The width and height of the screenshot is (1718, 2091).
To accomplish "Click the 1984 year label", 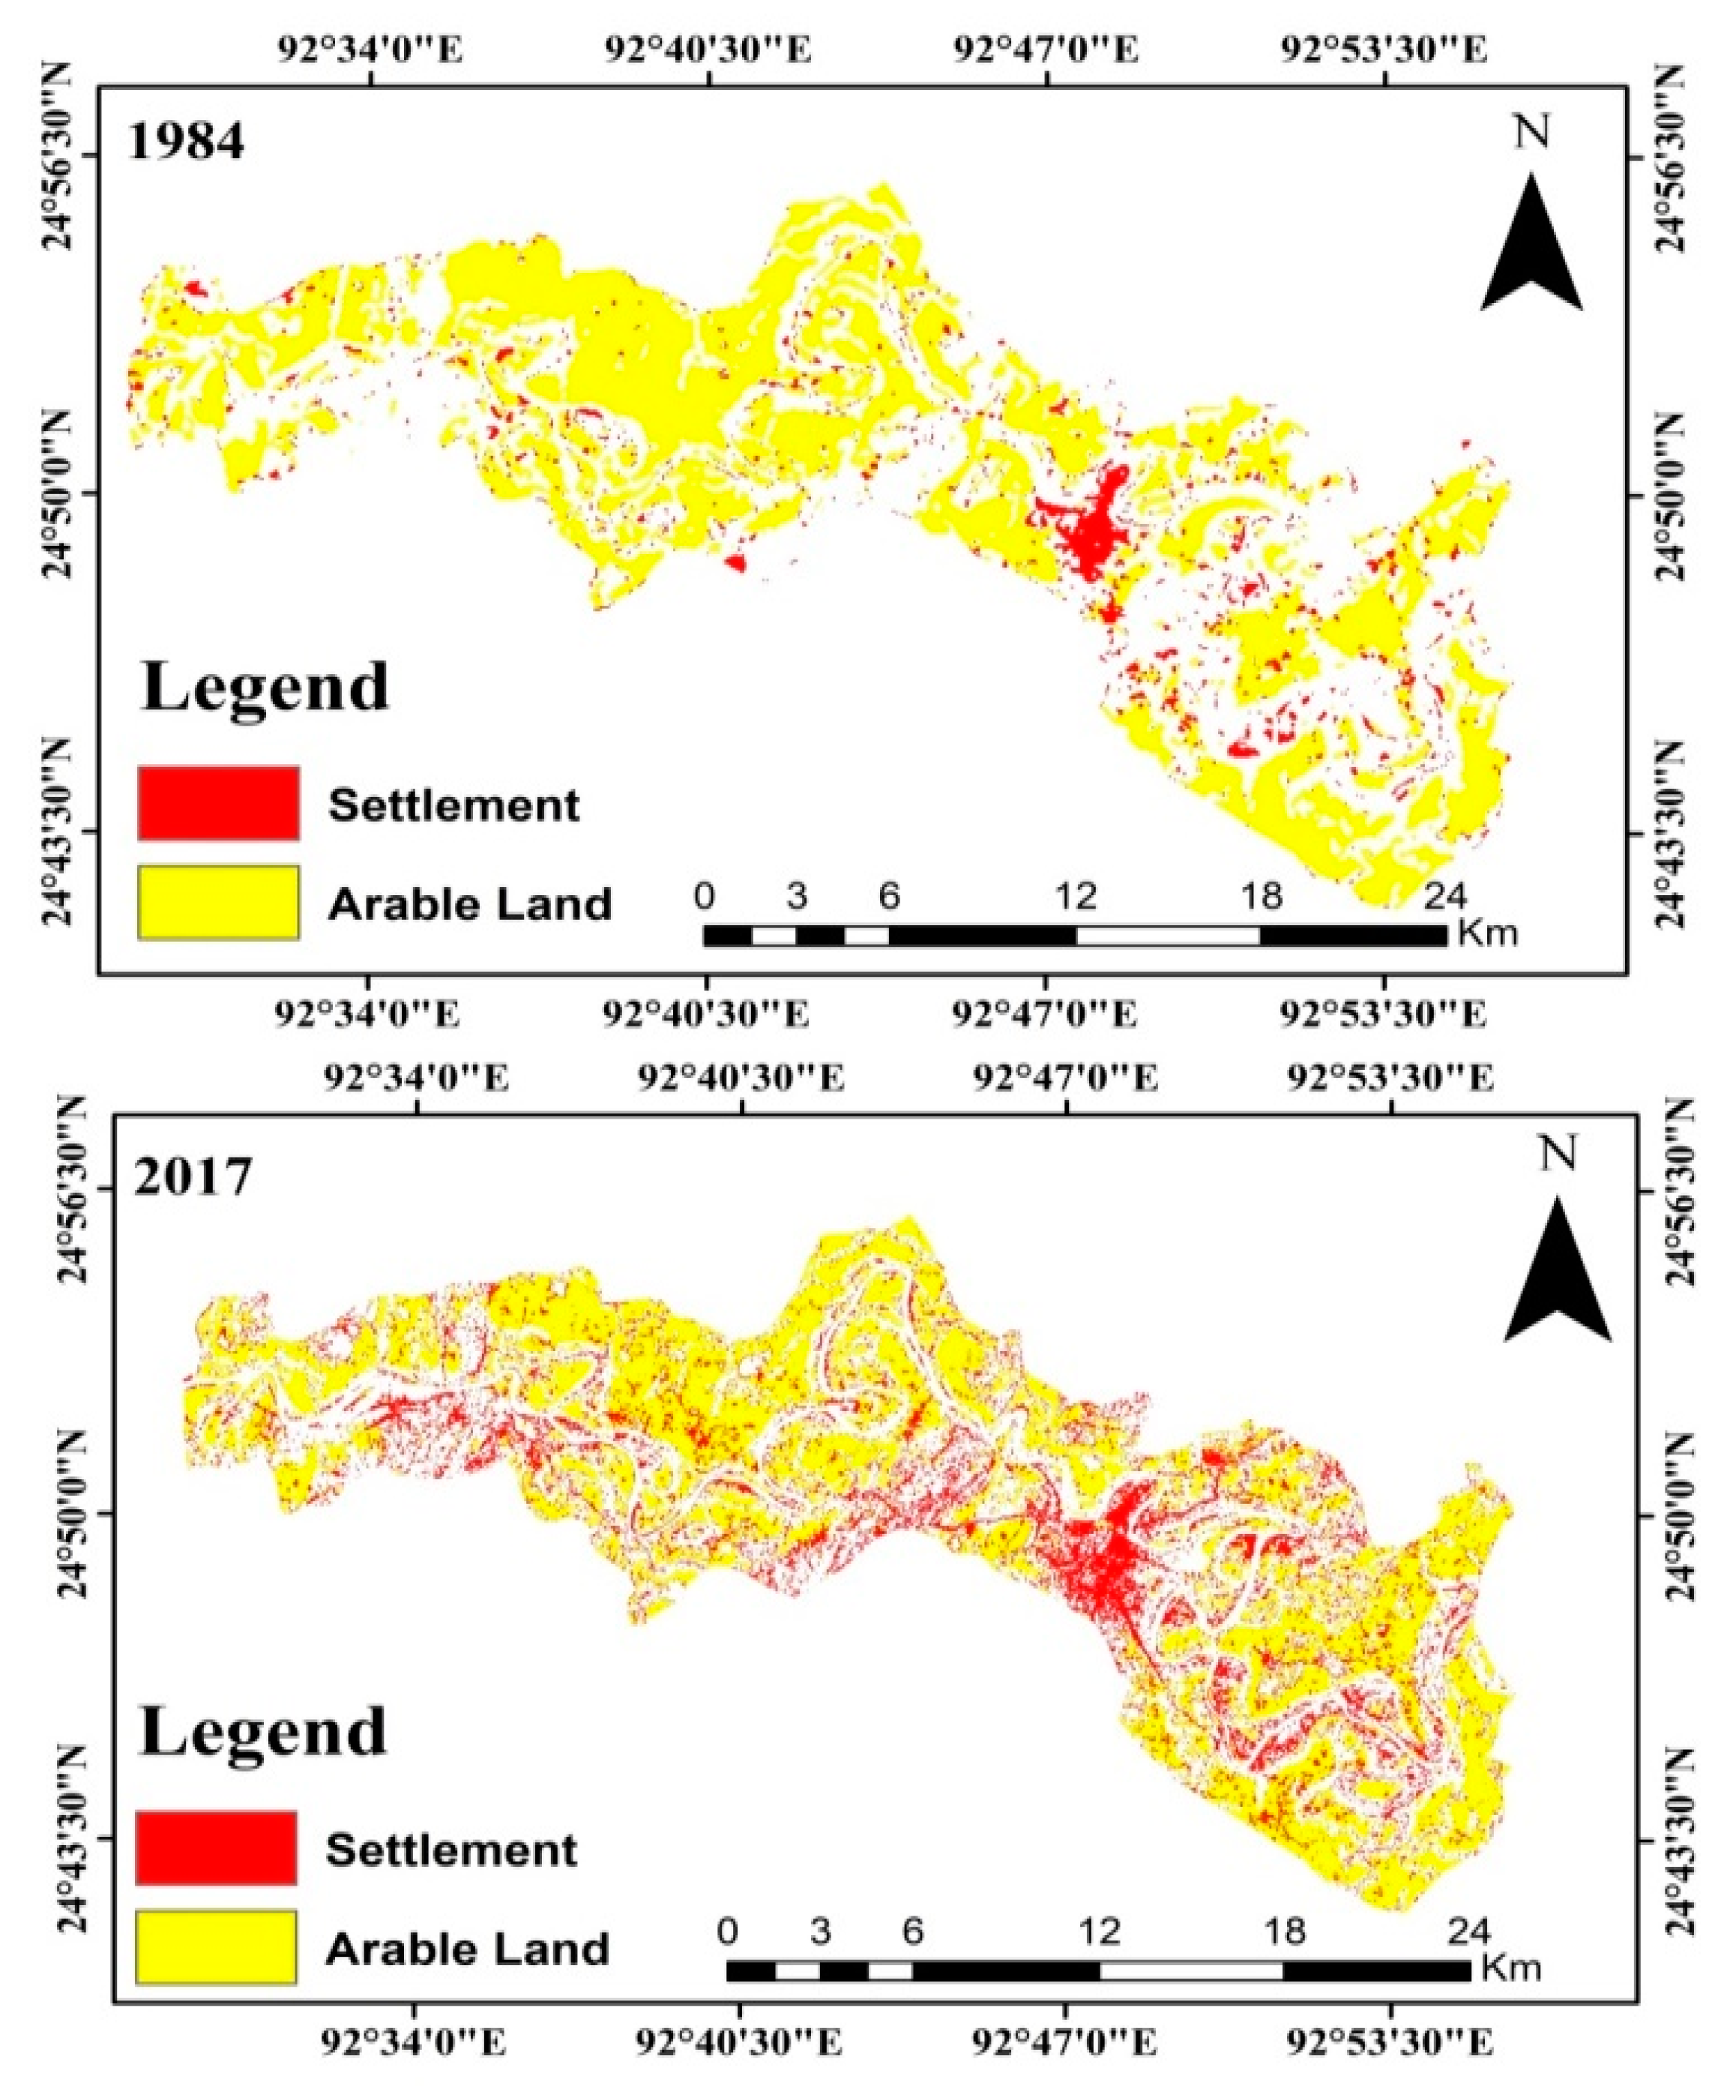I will click(186, 142).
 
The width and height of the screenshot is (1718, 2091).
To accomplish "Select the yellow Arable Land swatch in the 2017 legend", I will click(216, 1949).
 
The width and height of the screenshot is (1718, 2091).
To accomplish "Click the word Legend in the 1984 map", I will click(265, 687).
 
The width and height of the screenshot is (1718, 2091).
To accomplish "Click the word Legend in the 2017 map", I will click(263, 1732).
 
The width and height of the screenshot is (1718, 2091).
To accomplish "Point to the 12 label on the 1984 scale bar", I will click(1076, 897).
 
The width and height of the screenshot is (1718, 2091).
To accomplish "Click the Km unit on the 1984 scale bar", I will click(1489, 933).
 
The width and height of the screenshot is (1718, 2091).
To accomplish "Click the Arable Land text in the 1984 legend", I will click(470, 904).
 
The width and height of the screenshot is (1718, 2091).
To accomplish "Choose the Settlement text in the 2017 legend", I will click(451, 1847).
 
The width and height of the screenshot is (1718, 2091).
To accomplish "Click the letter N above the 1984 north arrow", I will click(1531, 133).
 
